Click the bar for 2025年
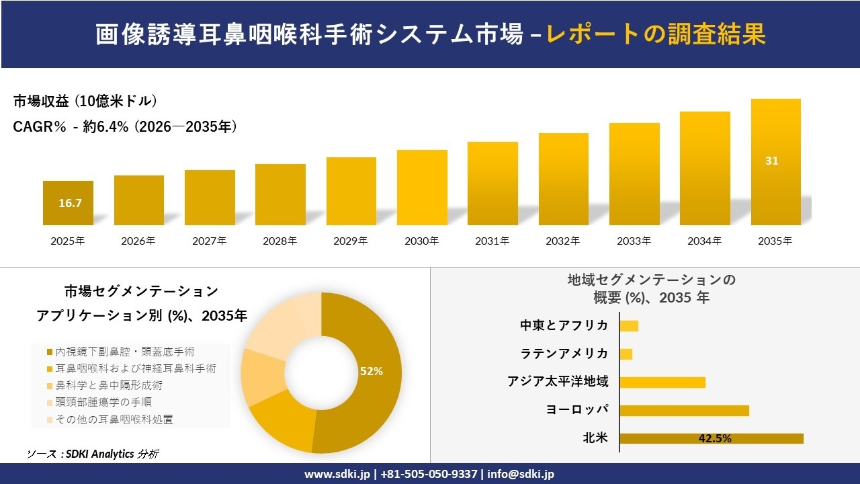click(68, 203)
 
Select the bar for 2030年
click(422, 188)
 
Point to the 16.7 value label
click(70, 203)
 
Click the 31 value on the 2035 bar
click(771, 161)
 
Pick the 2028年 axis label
click(279, 241)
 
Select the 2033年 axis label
click(634, 241)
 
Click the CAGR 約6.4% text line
click(125, 127)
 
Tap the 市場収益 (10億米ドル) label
click(85, 102)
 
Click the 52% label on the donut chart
click(371, 371)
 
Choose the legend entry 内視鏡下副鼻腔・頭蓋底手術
click(125, 352)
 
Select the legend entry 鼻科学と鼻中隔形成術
click(108, 386)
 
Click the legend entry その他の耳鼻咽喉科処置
click(114, 419)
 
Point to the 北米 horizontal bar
click(711, 438)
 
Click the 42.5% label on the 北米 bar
click(715, 438)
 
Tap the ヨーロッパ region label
click(578, 410)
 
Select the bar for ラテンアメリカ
click(626, 354)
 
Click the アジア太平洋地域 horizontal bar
click(662, 382)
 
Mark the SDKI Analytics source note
click(93, 454)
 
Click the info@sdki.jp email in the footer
click(521, 474)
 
